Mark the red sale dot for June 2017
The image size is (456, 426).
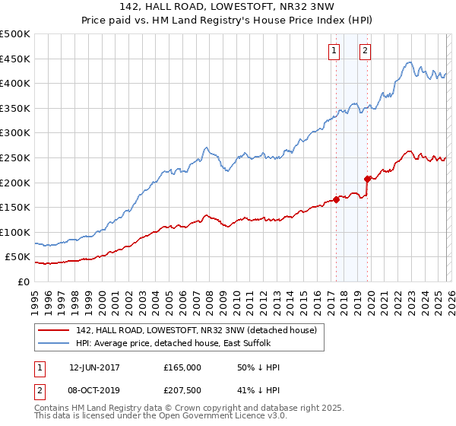[336, 200]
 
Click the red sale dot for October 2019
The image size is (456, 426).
[367, 180]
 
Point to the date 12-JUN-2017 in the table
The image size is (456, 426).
[94, 367]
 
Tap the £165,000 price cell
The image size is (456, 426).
[182, 367]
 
